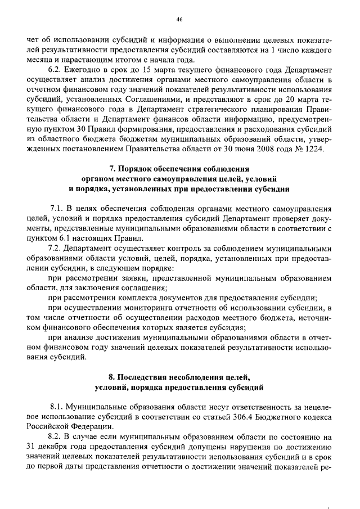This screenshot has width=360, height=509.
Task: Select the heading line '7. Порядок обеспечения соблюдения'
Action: (179, 169)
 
